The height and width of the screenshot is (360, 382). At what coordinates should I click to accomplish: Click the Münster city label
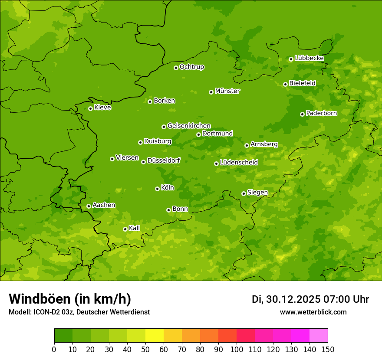click(227, 91)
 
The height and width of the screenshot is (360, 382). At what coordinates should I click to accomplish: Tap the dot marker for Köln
click(157, 189)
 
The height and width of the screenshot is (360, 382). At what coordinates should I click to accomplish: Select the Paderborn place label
click(321, 113)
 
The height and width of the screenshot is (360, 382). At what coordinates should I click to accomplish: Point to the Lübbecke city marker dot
click(291, 59)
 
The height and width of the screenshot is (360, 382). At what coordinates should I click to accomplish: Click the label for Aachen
click(104, 205)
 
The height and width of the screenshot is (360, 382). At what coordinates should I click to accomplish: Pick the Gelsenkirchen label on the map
click(189, 126)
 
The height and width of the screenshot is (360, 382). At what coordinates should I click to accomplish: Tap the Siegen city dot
click(244, 193)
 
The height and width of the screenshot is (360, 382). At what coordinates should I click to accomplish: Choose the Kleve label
click(102, 108)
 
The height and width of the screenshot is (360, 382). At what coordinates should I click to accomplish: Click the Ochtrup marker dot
click(176, 68)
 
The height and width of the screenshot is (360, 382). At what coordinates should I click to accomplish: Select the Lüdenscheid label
click(239, 163)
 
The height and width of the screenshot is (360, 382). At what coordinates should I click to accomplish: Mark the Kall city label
click(134, 228)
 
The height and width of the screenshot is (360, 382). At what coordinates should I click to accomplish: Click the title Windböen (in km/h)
click(70, 299)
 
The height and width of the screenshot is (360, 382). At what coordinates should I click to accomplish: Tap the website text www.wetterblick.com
click(313, 312)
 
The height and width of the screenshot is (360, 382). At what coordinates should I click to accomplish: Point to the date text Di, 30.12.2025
click(286, 299)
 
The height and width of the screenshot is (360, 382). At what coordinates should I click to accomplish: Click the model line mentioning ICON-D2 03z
click(79, 312)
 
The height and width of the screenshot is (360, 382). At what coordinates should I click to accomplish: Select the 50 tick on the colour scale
click(145, 349)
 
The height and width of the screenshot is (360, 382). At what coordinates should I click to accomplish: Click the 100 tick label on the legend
click(237, 349)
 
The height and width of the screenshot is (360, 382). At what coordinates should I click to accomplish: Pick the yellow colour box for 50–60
click(155, 336)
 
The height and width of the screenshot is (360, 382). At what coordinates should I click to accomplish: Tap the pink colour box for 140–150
click(319, 336)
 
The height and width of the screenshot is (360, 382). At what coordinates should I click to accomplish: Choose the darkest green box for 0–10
click(63, 336)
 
